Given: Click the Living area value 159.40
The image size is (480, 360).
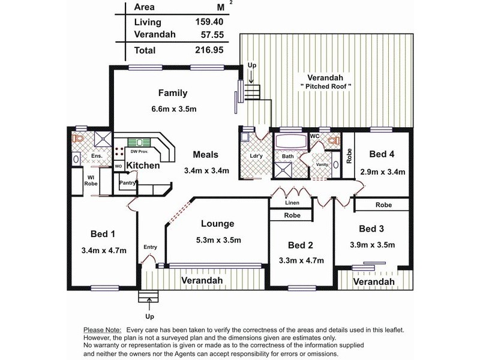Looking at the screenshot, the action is (x=209, y=22).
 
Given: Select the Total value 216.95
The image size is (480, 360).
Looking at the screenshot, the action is (x=209, y=50).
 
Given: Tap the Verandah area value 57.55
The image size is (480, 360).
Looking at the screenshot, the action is (x=212, y=35).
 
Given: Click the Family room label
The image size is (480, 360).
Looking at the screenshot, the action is (x=173, y=93).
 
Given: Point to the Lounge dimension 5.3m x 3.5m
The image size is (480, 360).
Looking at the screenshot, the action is (x=218, y=240).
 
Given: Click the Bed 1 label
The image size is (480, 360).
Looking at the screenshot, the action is (x=103, y=234).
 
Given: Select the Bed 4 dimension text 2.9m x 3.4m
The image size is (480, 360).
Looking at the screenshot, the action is (x=383, y=172).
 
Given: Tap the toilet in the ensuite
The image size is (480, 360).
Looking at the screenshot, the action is (x=79, y=139).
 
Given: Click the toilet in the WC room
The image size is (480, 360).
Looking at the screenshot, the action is (x=334, y=141).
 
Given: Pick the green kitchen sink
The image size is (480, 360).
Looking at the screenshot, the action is (x=139, y=142).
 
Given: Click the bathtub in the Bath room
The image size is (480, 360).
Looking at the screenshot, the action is (x=290, y=142).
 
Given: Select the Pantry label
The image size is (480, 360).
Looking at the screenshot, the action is (x=127, y=183).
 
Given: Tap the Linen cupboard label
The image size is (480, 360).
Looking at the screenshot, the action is (x=292, y=203).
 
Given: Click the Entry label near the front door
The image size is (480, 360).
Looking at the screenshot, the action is (x=151, y=247).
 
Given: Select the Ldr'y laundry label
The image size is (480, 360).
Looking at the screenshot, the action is (x=256, y=156).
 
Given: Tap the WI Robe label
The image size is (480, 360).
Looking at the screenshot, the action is (x=91, y=181).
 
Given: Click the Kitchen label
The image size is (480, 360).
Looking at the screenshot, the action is (x=143, y=166).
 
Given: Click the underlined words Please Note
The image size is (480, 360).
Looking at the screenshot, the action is (x=103, y=331).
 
